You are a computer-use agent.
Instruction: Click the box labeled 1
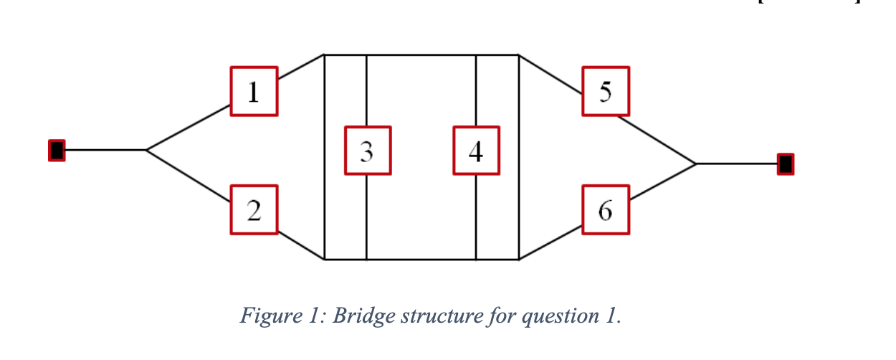pos(254,91)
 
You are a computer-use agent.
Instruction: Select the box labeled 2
pos(254,209)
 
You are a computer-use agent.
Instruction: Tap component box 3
pos(367,151)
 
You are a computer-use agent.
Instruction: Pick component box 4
pos(476,151)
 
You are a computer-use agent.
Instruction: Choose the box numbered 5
pos(606,91)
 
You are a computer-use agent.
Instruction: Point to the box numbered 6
pos(606,209)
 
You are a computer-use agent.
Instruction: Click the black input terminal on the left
pos(57,151)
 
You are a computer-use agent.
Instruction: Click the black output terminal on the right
pos(786,164)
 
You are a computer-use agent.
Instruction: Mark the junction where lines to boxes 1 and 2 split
pos(146,150)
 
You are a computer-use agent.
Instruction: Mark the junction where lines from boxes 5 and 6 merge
pos(696,164)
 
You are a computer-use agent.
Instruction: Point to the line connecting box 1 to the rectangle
pos(301,67)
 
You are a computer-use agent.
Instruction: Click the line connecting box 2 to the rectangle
pos(301,246)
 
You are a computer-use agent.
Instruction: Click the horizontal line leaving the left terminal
pos(105,150)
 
